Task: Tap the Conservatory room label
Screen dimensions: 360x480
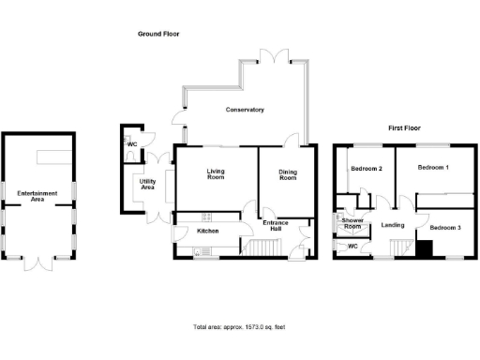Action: (245, 110)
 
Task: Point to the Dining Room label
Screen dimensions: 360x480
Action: (287, 173)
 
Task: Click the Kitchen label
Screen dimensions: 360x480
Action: (207, 231)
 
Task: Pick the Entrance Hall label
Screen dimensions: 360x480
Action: (278, 226)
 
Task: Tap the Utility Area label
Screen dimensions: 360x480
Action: (147, 185)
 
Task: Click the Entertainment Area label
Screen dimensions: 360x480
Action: (37, 196)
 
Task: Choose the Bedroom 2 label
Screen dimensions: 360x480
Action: (367, 169)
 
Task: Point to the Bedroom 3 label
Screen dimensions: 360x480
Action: (446, 227)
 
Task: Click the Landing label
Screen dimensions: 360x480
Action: (394, 225)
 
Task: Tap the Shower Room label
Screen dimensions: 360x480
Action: (352, 223)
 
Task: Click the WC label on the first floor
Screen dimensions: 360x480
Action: (353, 247)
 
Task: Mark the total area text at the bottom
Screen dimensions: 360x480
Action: (239, 328)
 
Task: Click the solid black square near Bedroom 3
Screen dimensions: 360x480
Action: (424, 248)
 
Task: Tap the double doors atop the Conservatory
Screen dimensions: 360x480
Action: (274, 58)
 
